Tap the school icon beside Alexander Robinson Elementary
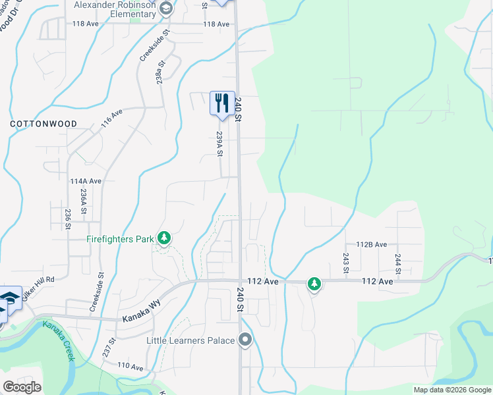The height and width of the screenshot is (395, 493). click(165, 9)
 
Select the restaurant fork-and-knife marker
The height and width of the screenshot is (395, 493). click(222, 103)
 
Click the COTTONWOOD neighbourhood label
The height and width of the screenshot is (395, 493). click(43, 124)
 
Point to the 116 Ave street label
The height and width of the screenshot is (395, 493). click(111, 118)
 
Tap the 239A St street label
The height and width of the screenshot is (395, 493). click(219, 144)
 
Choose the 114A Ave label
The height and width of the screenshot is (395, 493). click(86, 181)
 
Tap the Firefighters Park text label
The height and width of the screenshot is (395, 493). click(120, 239)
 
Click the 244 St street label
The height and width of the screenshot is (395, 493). click(398, 261)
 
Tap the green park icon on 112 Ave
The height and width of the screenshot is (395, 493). click(315, 284)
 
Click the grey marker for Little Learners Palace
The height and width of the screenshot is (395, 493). click(246, 340)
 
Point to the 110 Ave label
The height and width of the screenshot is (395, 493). click(130, 365)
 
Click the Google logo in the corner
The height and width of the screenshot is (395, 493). click(22, 387)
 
